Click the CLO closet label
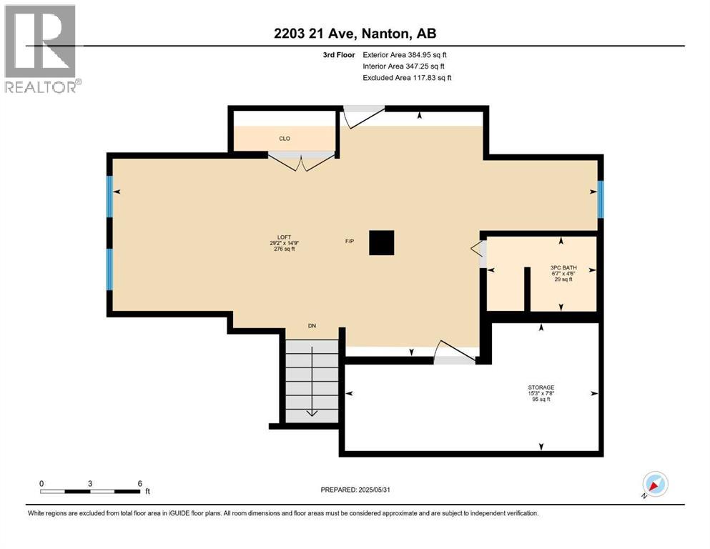tap(285, 139)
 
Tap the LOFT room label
tap(285, 237)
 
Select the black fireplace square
tap(381, 242)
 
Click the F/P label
tap(350, 241)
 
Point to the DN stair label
tap(312, 326)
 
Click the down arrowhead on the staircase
tap(312, 412)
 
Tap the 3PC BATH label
tap(563, 268)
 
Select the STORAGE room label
tap(541, 387)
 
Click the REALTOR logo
tap(41, 49)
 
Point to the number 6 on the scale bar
tap(140, 483)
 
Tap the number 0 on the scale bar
tap(41, 483)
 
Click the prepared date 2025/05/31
tap(374, 490)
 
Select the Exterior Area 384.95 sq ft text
tap(405, 55)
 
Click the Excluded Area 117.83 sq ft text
tap(407, 77)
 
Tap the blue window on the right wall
tap(601, 199)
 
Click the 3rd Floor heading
tap(339, 55)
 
